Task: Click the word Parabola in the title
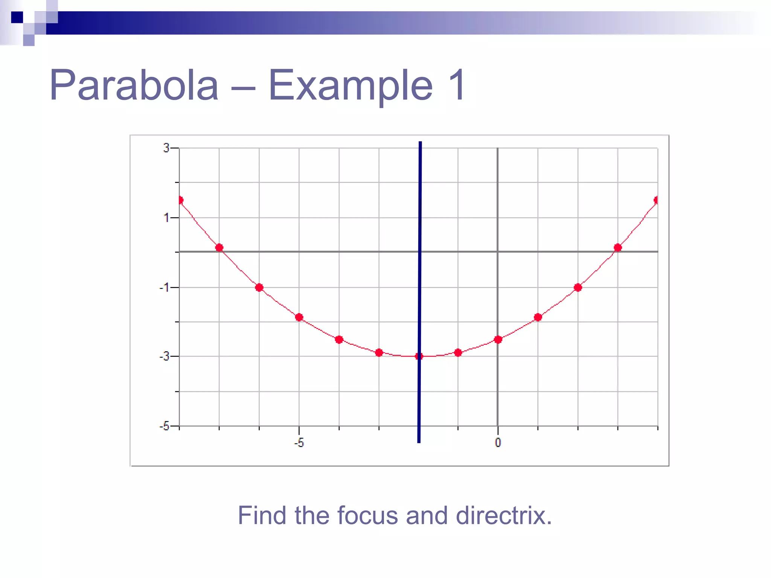(x=134, y=85)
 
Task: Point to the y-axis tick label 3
(x=166, y=148)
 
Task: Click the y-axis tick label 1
(x=166, y=218)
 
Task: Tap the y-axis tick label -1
(x=164, y=287)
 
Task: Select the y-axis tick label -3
(x=164, y=356)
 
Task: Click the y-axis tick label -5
(x=164, y=426)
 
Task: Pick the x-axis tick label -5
(x=299, y=443)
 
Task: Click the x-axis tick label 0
(x=498, y=443)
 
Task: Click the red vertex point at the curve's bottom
(x=419, y=356)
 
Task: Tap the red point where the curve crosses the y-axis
(x=498, y=339)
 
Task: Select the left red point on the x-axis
(x=219, y=248)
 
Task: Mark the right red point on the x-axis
(x=617, y=248)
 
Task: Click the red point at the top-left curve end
(x=180, y=200)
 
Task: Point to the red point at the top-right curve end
(x=657, y=200)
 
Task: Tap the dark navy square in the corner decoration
(x=17, y=17)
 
